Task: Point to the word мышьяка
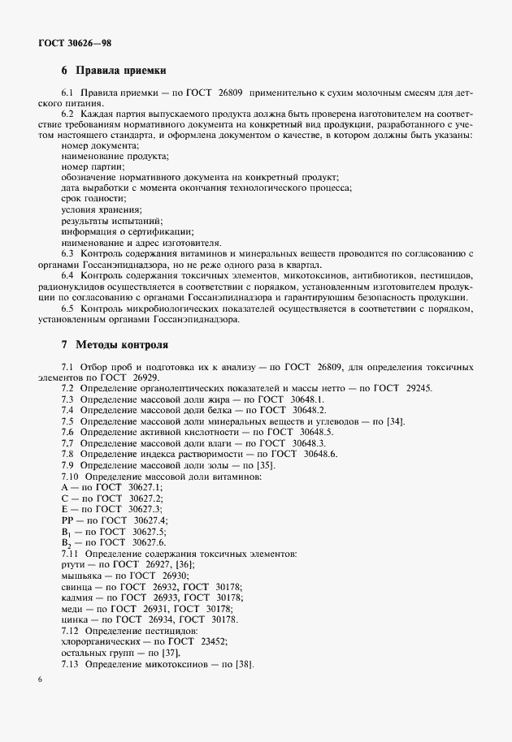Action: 81,575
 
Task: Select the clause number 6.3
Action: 67,252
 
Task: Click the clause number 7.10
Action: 70,475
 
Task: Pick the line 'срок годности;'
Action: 93,198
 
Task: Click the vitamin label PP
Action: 67,519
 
